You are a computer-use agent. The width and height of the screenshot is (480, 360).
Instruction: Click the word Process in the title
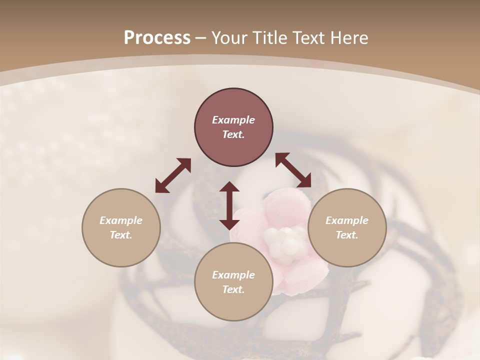click(157, 38)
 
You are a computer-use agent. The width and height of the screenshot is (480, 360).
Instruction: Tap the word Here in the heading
click(349, 38)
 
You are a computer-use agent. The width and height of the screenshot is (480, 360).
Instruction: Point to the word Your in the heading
click(229, 38)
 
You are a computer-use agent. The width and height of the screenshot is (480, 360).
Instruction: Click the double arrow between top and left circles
click(173, 175)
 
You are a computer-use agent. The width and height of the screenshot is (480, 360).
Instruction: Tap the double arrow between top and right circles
click(293, 170)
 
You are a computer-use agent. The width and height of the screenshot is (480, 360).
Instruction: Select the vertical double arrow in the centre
click(229, 205)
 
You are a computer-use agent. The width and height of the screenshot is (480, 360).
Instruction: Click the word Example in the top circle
click(233, 120)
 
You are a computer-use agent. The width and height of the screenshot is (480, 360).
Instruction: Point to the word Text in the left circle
click(121, 235)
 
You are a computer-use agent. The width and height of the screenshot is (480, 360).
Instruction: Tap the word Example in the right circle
click(347, 220)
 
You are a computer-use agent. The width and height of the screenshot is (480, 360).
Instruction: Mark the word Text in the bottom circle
click(233, 289)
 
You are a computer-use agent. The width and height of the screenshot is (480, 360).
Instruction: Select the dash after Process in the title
click(201, 38)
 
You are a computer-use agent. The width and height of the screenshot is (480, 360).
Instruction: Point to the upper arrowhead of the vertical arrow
click(229, 187)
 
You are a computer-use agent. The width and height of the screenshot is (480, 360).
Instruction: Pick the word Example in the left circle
click(121, 220)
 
